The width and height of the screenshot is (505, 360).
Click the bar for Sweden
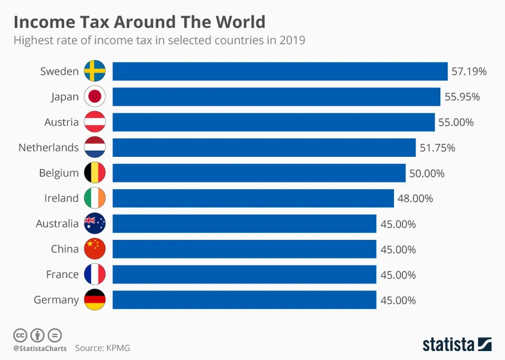click(279, 71)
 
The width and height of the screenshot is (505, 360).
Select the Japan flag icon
click(95, 97)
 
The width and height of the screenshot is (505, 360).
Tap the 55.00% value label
click(456, 122)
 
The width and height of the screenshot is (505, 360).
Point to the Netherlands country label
click(48, 147)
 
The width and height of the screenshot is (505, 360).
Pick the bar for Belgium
click(259, 173)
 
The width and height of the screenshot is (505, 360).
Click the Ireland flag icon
click(95, 198)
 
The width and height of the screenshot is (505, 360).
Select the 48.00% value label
click(415, 198)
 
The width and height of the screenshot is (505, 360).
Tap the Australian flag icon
click(95, 224)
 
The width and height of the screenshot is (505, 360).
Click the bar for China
click(244, 249)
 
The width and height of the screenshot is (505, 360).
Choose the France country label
click(62, 274)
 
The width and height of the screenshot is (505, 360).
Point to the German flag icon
click(95, 300)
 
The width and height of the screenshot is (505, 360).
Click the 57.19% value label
click(469, 71)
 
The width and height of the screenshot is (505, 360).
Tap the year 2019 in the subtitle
click(292, 41)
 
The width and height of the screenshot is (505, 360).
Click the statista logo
click(457, 344)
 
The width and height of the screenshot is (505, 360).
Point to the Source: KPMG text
click(102, 348)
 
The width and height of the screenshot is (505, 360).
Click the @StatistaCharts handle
click(40, 348)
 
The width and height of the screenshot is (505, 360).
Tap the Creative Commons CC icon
click(20, 334)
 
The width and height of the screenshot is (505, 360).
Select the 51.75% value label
click(437, 148)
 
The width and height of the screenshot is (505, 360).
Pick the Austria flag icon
click(95, 122)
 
